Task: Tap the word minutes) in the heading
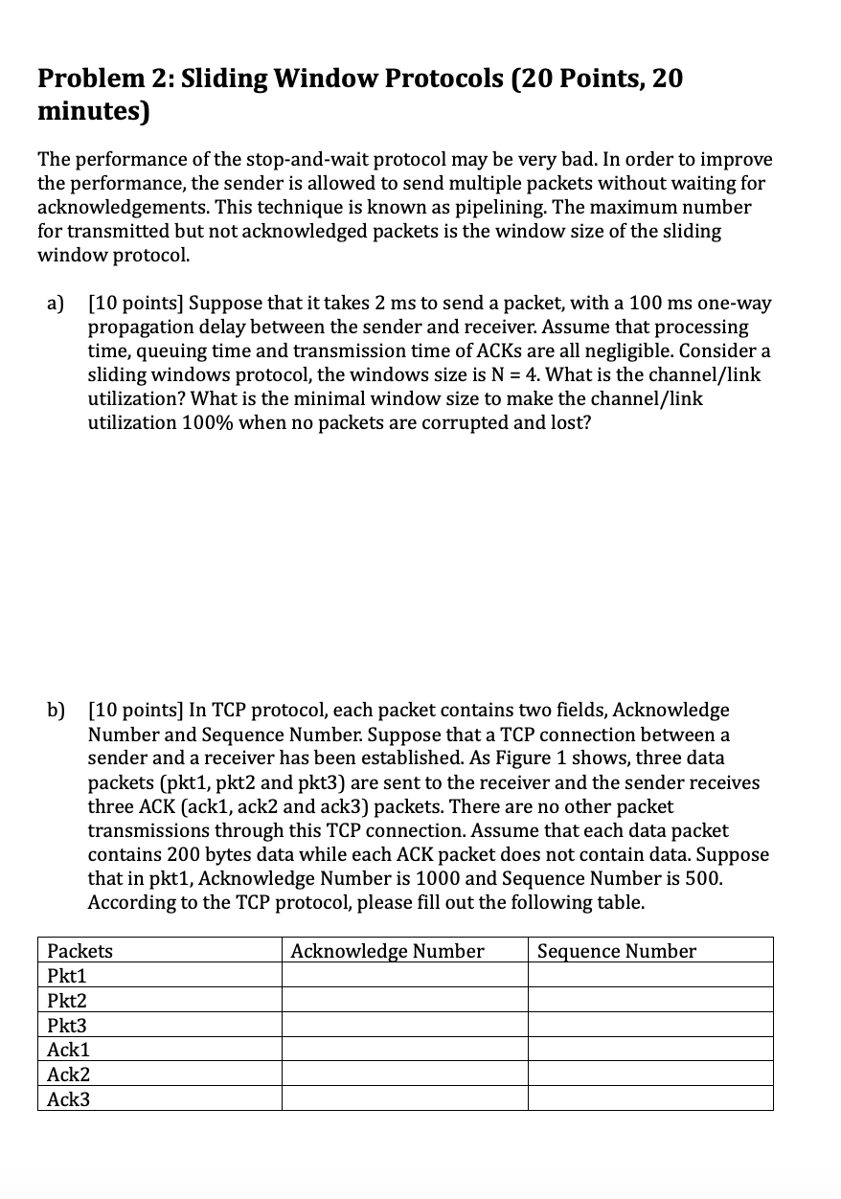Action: point(94,112)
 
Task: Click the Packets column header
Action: point(80,951)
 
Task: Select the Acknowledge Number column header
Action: point(387,951)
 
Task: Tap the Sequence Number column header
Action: point(617,951)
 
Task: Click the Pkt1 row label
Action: point(66,976)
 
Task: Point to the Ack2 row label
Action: point(68,1075)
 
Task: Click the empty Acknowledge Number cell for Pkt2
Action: point(404,1000)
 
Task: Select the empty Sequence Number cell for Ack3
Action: point(650,1098)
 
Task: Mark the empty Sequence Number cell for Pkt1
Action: point(650,975)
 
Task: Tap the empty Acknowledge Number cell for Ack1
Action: point(404,1050)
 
